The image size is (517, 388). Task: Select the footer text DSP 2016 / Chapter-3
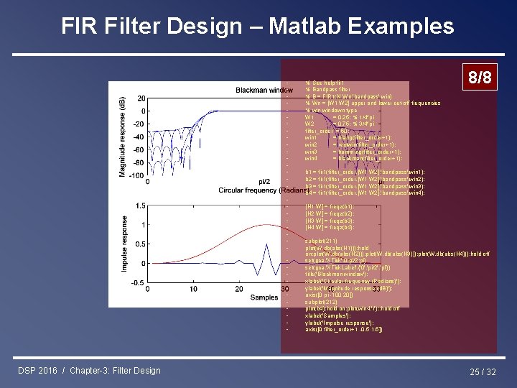coord(89,371)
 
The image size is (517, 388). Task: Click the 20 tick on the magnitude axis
coord(141,98)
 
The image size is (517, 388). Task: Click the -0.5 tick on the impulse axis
coord(137,282)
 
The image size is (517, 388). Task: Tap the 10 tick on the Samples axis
coord(194,289)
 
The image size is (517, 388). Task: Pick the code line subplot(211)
coord(320,241)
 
